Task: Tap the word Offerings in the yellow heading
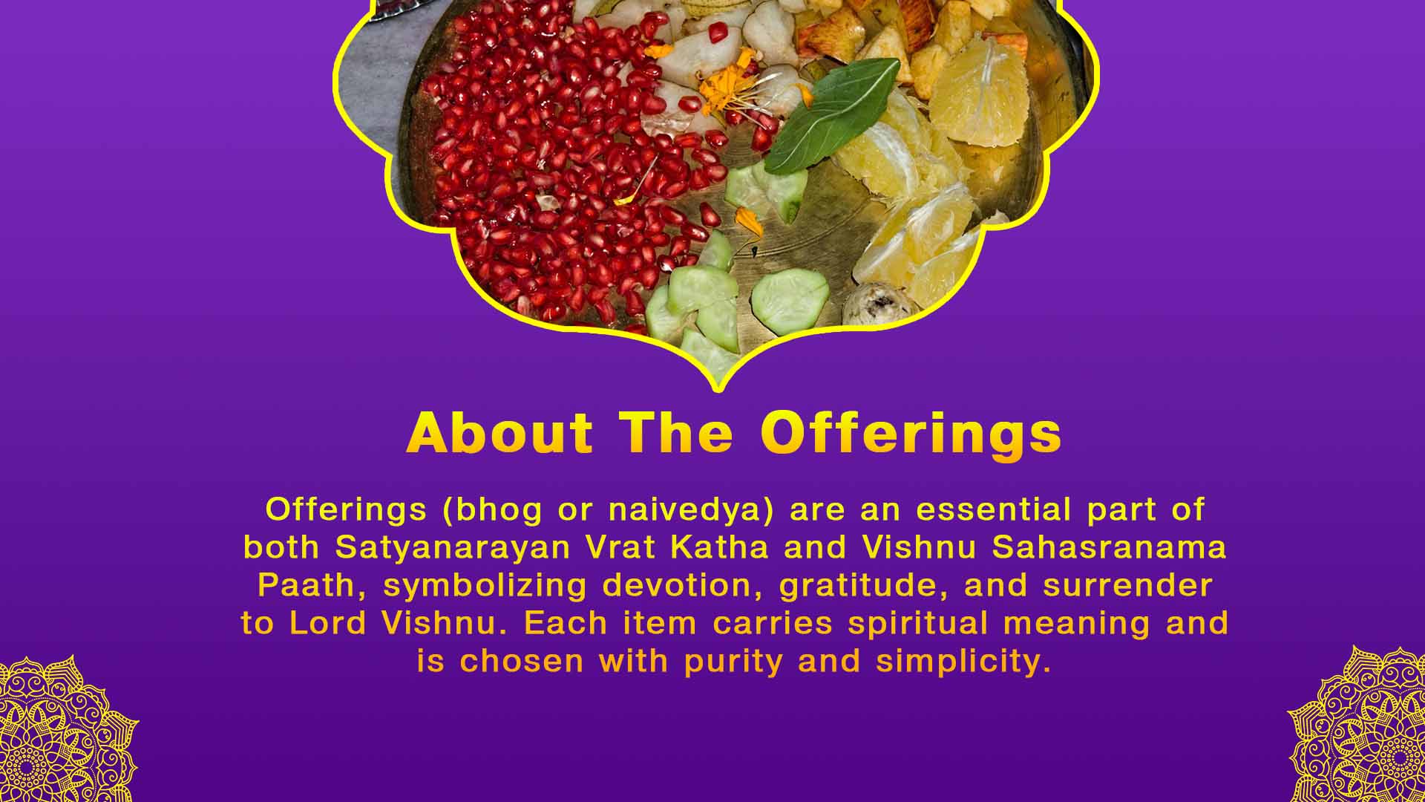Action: pyautogui.click(x=911, y=434)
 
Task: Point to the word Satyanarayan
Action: pyautogui.click(x=453, y=548)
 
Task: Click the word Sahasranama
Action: pyautogui.click(x=1109, y=548)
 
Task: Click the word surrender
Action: pyautogui.click(x=1127, y=586)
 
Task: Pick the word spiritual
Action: pyautogui.click(x=918, y=623)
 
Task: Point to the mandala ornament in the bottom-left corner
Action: pyautogui.click(x=63, y=731)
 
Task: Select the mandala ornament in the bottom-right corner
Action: pyautogui.click(x=1362, y=728)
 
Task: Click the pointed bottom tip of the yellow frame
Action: pyautogui.click(x=717, y=388)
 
